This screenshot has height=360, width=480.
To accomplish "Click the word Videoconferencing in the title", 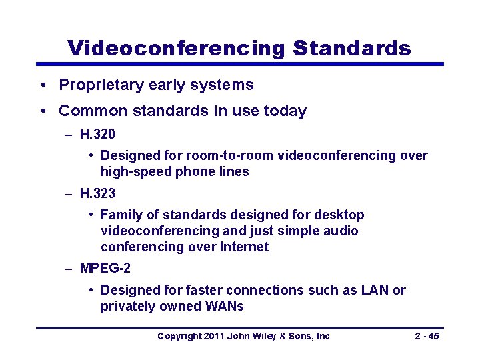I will pyautogui.click(x=176, y=48).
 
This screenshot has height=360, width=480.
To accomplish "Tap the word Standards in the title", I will pyautogui.click(x=351, y=48).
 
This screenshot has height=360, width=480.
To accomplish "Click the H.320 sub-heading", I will pyautogui.click(x=97, y=134).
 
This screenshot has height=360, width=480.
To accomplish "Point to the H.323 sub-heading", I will pyautogui.click(x=97, y=193).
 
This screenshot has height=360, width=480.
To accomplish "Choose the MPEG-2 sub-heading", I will pyautogui.click(x=105, y=269).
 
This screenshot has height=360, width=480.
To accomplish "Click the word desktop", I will pyautogui.click(x=340, y=215).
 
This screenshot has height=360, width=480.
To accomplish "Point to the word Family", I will pyautogui.click(x=120, y=215).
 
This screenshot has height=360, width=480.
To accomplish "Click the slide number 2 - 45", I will pyautogui.click(x=427, y=336).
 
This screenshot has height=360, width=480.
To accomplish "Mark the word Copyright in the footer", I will pyautogui.click(x=178, y=336).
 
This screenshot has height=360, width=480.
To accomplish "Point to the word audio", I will pyautogui.click(x=343, y=231).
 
